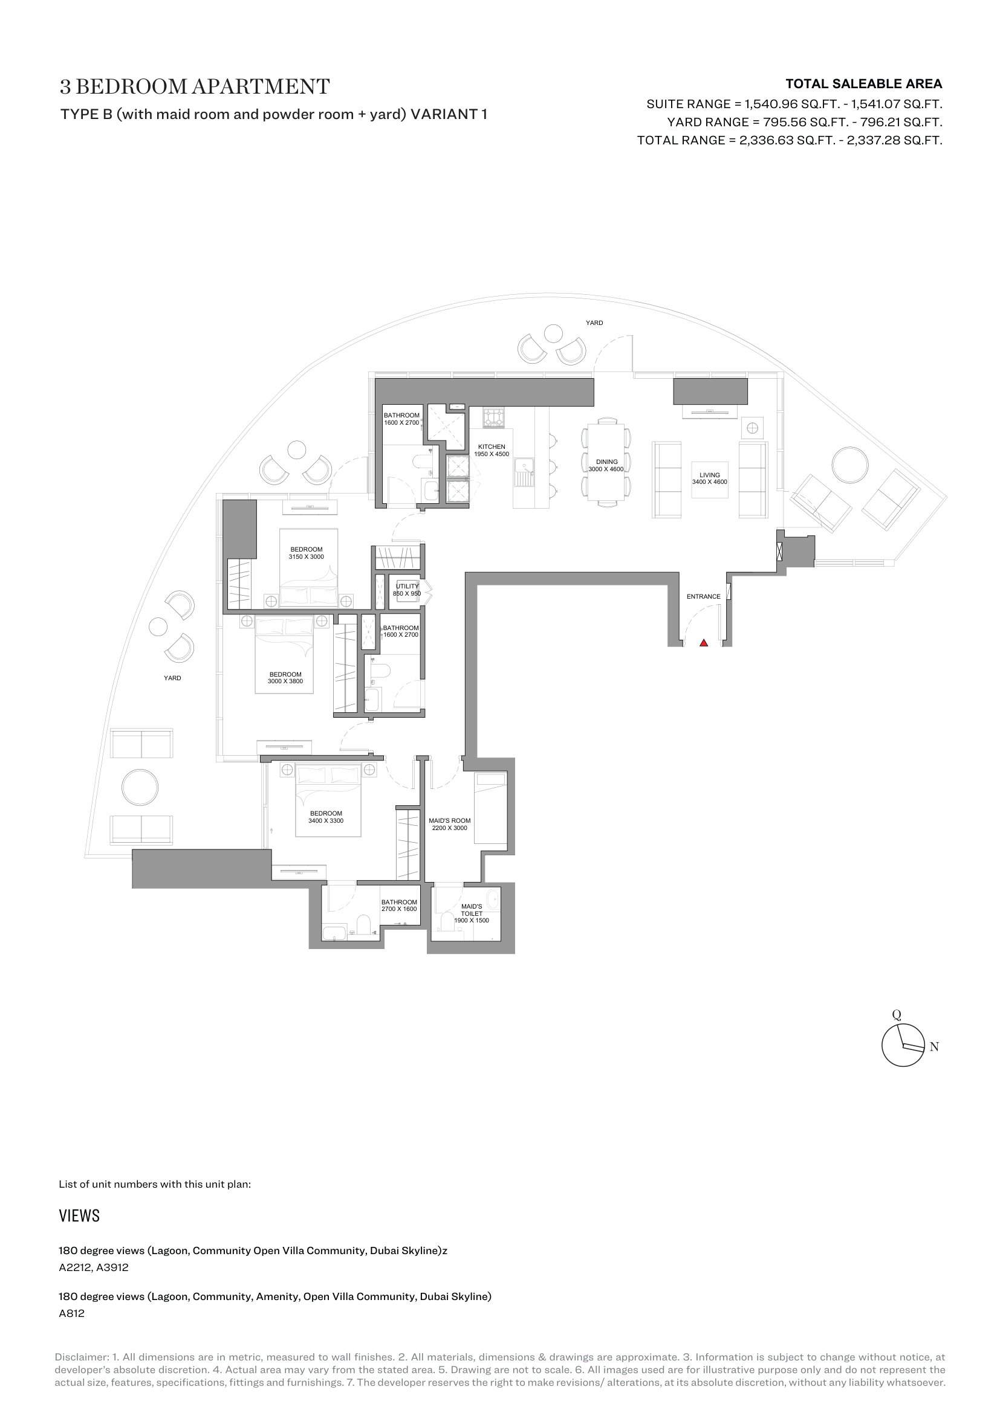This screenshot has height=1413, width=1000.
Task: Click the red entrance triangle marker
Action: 704,643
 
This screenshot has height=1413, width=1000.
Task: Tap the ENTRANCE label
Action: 703,596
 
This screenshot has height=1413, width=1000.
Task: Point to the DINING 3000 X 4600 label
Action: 606,465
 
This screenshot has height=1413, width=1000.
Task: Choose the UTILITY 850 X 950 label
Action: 407,590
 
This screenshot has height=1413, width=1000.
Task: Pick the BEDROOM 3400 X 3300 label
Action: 326,817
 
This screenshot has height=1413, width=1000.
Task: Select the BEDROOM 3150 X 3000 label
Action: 306,553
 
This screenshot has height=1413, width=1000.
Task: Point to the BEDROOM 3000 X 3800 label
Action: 285,678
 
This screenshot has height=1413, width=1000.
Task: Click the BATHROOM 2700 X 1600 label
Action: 399,906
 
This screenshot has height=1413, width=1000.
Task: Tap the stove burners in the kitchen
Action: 493,419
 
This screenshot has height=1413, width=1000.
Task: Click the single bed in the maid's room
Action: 491,809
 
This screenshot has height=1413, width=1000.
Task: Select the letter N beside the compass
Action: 934,1046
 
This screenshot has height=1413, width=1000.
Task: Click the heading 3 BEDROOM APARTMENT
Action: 195,87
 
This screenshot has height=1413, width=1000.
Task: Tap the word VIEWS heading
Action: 79,1216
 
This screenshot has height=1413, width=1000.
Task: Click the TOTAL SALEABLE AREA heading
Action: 864,84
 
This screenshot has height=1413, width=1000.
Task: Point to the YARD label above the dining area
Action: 594,323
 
